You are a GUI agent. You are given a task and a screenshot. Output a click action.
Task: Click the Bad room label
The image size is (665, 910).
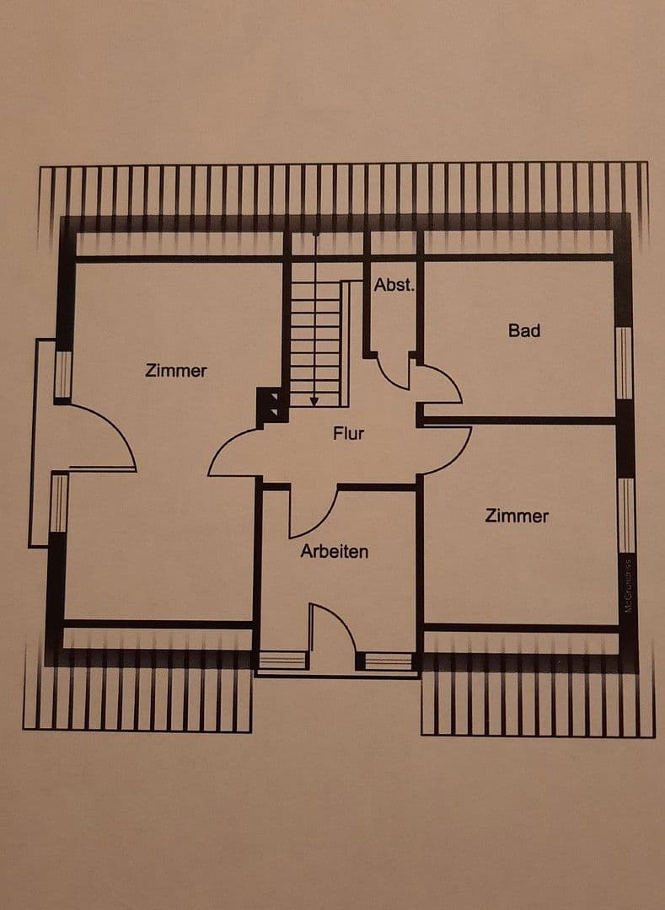pos(523,330)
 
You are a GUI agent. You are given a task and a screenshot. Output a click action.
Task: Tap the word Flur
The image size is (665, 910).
pos(348,434)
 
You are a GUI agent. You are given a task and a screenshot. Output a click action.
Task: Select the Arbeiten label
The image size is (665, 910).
pos(335,552)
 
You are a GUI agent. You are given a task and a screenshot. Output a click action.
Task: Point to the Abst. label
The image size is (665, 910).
pos(394,285)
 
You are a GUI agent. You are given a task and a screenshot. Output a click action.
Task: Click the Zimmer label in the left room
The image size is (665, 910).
pos(176,370)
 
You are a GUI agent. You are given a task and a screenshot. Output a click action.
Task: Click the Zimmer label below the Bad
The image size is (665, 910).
pos(517,516)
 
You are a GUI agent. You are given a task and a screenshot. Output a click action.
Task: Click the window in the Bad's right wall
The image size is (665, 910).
pos(623,362)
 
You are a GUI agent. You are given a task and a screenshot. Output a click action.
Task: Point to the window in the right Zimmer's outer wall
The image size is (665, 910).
pos(625,515)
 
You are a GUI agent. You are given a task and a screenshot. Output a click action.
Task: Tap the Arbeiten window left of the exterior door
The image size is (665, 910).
pos(282,661)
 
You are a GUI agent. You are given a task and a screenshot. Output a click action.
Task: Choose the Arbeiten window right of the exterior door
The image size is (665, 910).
pos(389,661)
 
